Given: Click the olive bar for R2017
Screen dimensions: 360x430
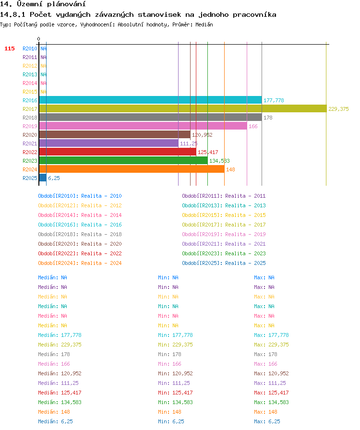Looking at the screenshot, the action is coord(183,109).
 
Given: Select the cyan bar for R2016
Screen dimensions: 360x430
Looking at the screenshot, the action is coord(150,100).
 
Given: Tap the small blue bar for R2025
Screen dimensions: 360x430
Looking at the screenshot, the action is coord(43,178).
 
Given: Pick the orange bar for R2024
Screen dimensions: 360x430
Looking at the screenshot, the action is coord(132,169).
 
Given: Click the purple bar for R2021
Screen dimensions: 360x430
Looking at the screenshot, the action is coord(108,143).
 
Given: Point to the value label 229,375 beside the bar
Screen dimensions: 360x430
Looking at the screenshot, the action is coord(338,109).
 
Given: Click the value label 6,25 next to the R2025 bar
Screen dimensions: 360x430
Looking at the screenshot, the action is coord(54,178).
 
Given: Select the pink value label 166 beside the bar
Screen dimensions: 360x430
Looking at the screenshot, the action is coord(253,126).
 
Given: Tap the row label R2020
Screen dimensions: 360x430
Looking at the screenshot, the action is coord(30,135).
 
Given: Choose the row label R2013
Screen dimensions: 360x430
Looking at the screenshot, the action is coord(30,74).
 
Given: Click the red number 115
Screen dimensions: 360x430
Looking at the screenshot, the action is coord(9,48).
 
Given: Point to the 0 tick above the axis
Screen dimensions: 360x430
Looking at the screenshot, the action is coord(39,39).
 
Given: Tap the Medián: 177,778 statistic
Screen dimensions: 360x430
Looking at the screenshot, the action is coord(60,335).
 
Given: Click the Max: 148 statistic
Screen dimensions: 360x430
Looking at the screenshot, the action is coord(265,412).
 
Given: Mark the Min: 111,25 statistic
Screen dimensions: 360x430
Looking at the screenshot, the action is coord(174,383).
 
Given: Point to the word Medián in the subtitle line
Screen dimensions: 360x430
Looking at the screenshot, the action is coord(204,24).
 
